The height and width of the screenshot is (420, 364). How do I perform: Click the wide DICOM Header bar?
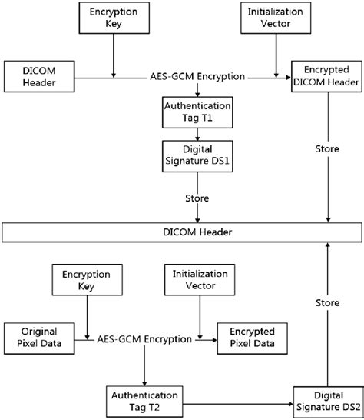[182, 232]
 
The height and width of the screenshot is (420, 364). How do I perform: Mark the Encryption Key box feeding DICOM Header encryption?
[114, 18]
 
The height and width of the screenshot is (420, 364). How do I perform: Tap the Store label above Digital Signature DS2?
[328, 303]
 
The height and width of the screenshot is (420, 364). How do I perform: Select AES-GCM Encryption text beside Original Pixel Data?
[144, 337]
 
